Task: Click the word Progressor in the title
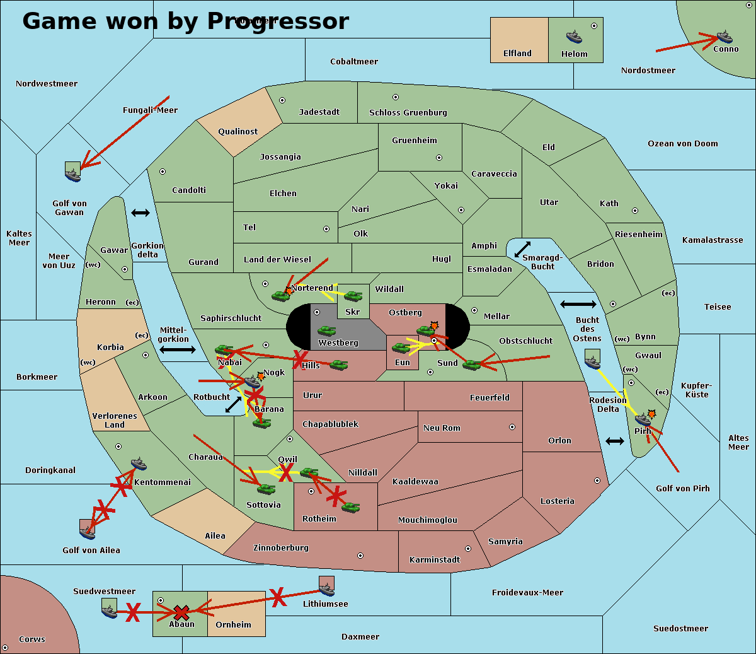[278, 21]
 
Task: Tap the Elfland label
[517, 54]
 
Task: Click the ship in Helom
[574, 36]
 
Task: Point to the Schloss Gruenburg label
[408, 113]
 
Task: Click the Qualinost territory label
[238, 132]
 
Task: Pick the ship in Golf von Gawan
[73, 172]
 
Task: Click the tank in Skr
[353, 295]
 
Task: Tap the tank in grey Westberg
[326, 330]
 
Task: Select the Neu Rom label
[442, 428]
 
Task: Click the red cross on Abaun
[181, 612]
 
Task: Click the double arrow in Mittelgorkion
[178, 349]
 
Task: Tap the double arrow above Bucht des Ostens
[578, 305]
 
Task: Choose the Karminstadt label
[435, 560]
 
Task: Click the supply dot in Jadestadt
[282, 100]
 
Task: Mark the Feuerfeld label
[490, 398]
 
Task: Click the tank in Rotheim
[350, 506]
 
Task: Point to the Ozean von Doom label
[682, 144]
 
